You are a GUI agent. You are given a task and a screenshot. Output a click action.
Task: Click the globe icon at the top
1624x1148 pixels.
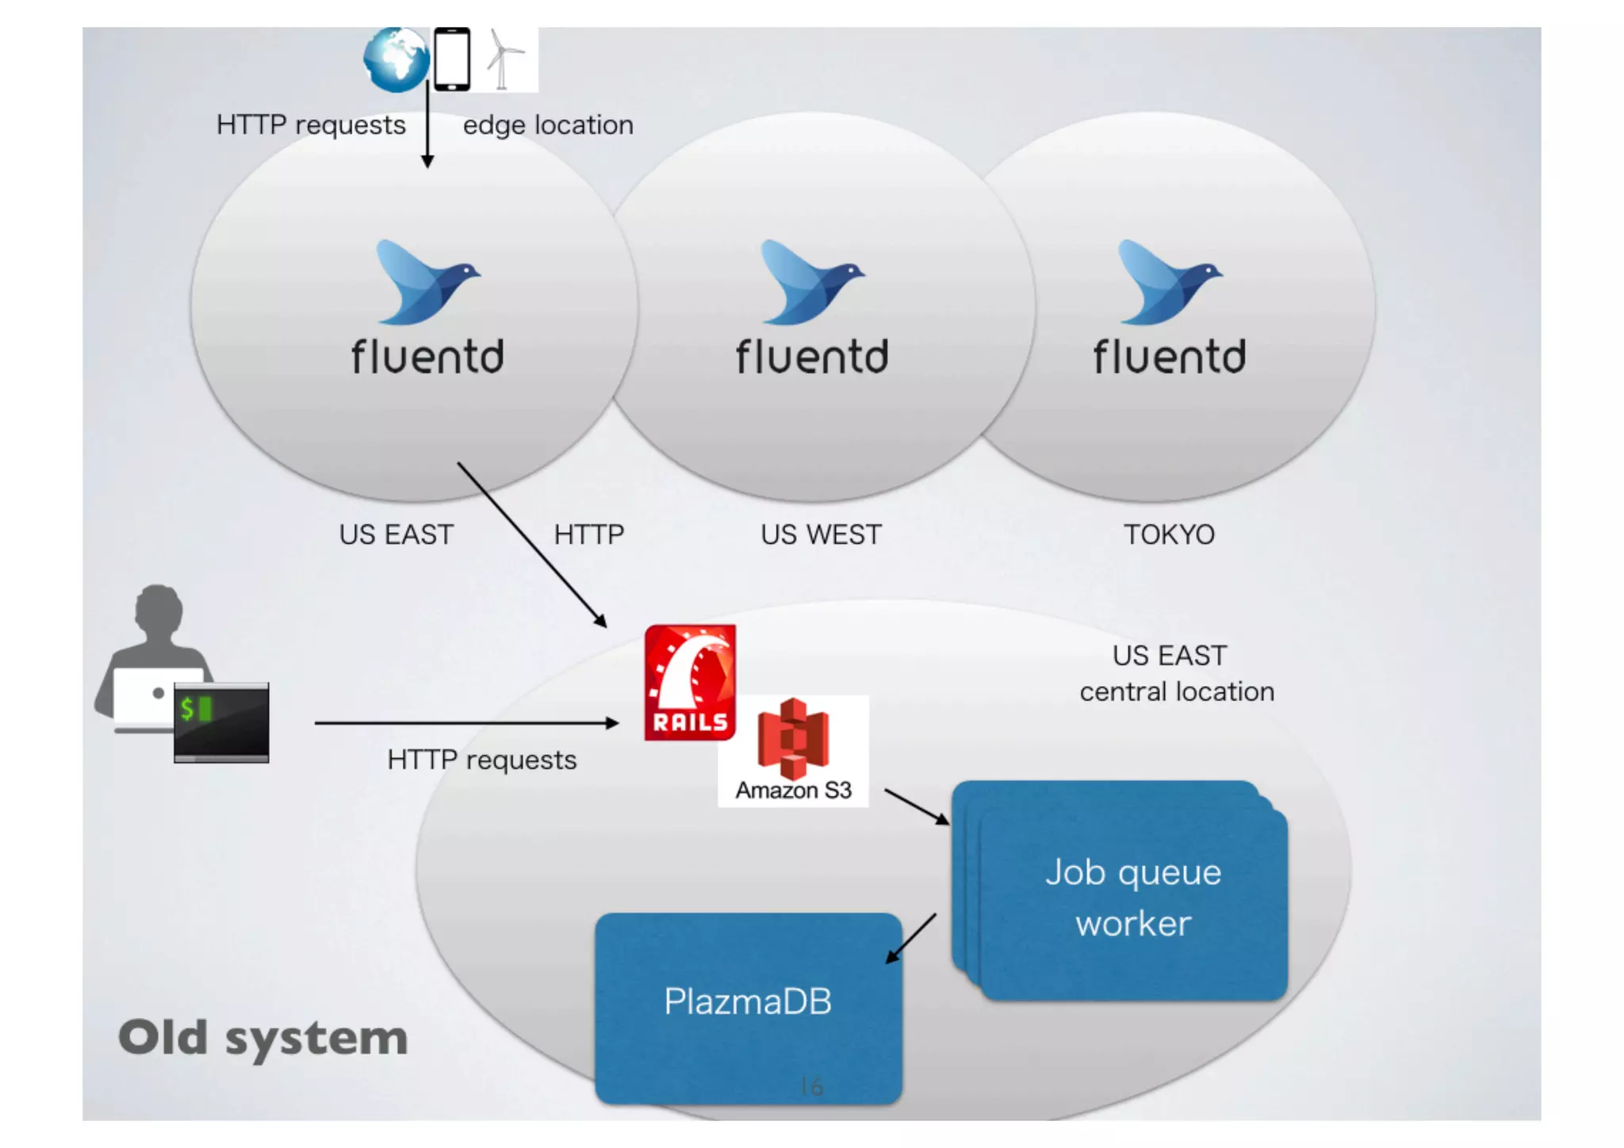tap(396, 59)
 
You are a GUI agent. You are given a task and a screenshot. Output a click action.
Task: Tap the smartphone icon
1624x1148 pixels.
tap(452, 59)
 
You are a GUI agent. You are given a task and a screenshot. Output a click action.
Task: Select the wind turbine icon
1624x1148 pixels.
tap(503, 59)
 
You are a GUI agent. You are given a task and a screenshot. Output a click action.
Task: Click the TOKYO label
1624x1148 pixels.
tap(1169, 534)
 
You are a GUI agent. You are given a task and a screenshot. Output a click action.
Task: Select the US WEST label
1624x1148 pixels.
tap(821, 534)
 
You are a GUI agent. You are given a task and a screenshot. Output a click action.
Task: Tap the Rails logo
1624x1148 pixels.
tap(690, 683)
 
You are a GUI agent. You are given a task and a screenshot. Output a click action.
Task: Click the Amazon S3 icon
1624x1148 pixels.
tap(793, 741)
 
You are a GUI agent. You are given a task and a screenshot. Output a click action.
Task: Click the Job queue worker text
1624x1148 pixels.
tap(1133, 897)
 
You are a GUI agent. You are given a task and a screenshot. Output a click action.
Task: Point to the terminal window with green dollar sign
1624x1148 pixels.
tap(221, 722)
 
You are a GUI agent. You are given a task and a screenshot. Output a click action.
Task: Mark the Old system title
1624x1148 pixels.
tap(262, 1038)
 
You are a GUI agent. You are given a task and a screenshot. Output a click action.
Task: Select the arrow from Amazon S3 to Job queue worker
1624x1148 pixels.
tap(917, 806)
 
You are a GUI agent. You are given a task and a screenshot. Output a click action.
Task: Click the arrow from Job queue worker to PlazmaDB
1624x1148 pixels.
tap(911, 939)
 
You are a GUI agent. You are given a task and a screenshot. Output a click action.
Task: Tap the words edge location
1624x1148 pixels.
tap(548, 125)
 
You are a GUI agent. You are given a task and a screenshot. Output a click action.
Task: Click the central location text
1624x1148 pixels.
tap(1177, 692)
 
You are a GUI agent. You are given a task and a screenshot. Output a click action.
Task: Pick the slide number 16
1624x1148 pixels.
tap(811, 1086)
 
